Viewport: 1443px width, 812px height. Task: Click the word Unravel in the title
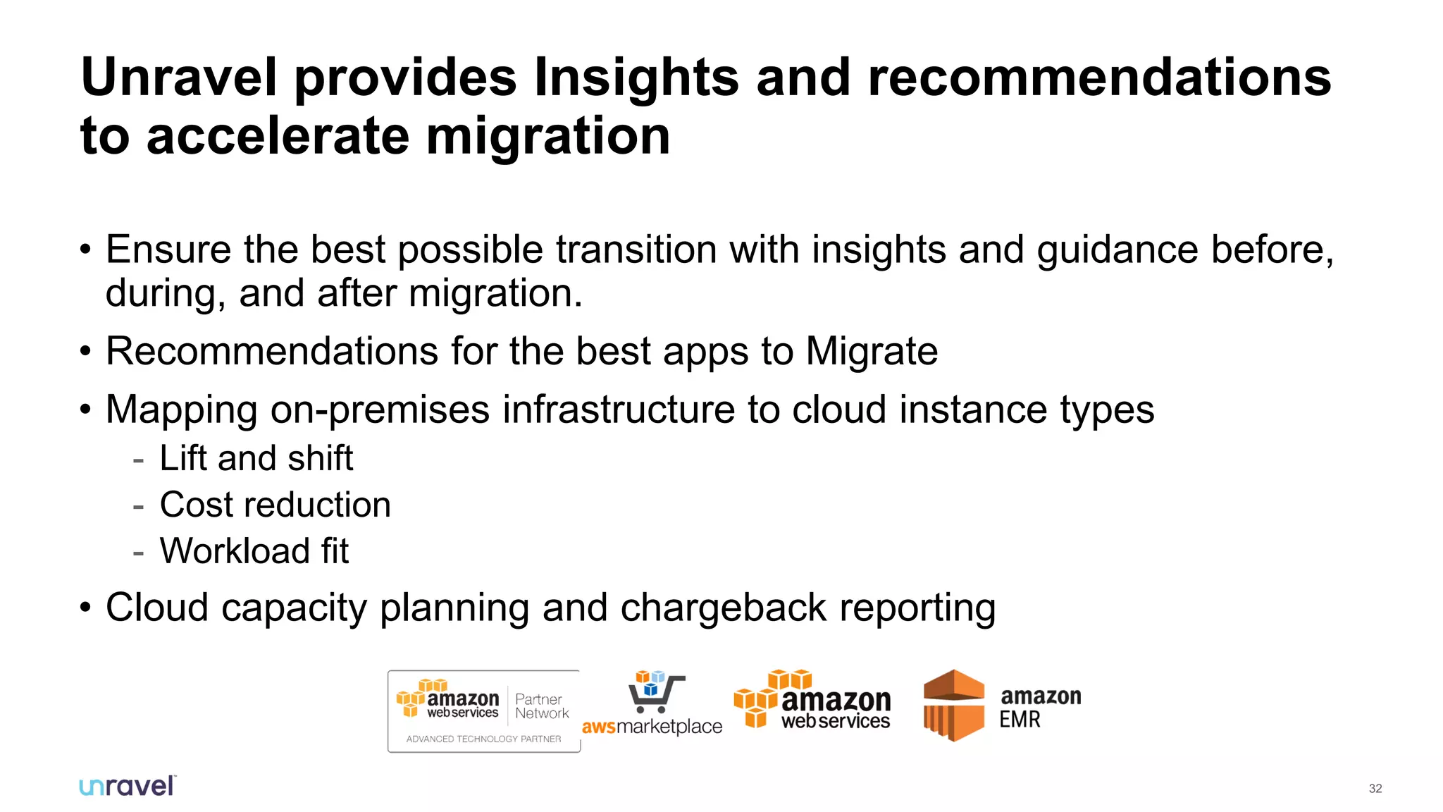[x=179, y=78]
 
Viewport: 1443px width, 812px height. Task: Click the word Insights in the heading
[x=636, y=78]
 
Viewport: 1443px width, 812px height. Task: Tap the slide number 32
[x=1375, y=789]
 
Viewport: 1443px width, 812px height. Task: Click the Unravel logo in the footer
[x=128, y=787]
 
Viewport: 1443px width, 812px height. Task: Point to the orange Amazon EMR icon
[x=953, y=706]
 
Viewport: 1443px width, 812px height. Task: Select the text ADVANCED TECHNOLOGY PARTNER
[x=483, y=739]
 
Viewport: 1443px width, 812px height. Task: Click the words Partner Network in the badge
[x=541, y=706]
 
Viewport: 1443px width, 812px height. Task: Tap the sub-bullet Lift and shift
[x=256, y=459]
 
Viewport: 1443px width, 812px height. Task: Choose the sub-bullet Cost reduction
[x=275, y=505]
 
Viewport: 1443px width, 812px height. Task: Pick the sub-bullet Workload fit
[x=254, y=551]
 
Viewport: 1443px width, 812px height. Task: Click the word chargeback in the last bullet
[x=723, y=608]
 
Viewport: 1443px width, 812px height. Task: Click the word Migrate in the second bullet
[x=871, y=351]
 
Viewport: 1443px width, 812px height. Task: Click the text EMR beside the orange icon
[x=1020, y=720]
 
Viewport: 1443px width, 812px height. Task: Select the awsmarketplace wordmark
[x=652, y=727]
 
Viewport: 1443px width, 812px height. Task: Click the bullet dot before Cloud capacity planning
[x=85, y=608]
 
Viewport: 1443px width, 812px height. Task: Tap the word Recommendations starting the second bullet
[x=272, y=351]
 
